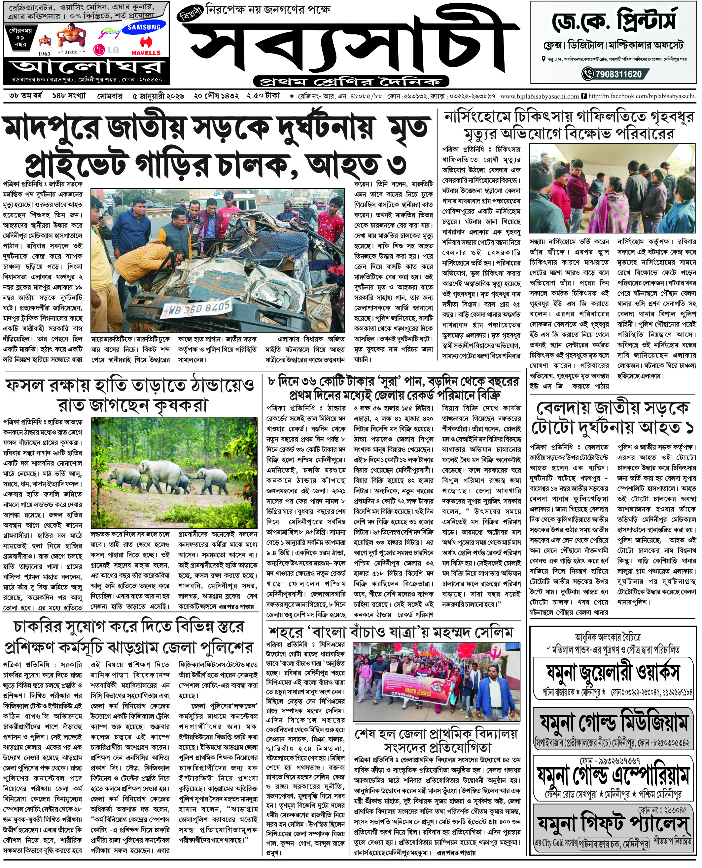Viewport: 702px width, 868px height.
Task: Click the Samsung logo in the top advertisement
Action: (x=144, y=27)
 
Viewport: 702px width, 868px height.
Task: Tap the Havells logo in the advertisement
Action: (x=146, y=47)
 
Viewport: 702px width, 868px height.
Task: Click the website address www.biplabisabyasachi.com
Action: (x=540, y=96)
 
